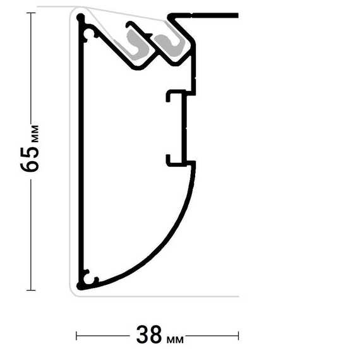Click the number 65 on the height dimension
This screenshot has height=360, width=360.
(30, 159)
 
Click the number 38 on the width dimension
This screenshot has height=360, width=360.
(149, 335)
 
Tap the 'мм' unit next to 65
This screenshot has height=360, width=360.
(35, 134)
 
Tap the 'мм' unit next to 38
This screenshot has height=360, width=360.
(175, 340)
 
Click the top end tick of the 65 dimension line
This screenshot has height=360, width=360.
(31, 13)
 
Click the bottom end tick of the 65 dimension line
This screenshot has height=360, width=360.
(31, 290)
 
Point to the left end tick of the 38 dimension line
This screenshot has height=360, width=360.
(76, 335)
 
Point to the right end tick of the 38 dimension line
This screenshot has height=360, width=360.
(239, 335)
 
